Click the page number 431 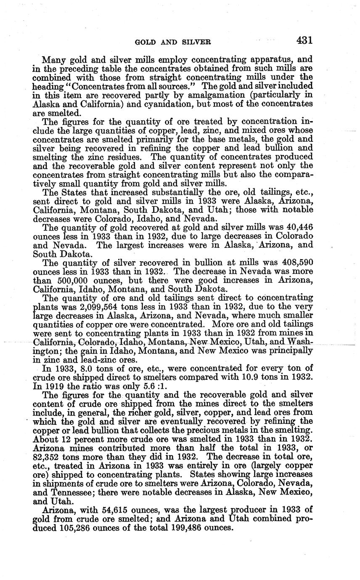coord(304,40)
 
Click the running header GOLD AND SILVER coord(172,42)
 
